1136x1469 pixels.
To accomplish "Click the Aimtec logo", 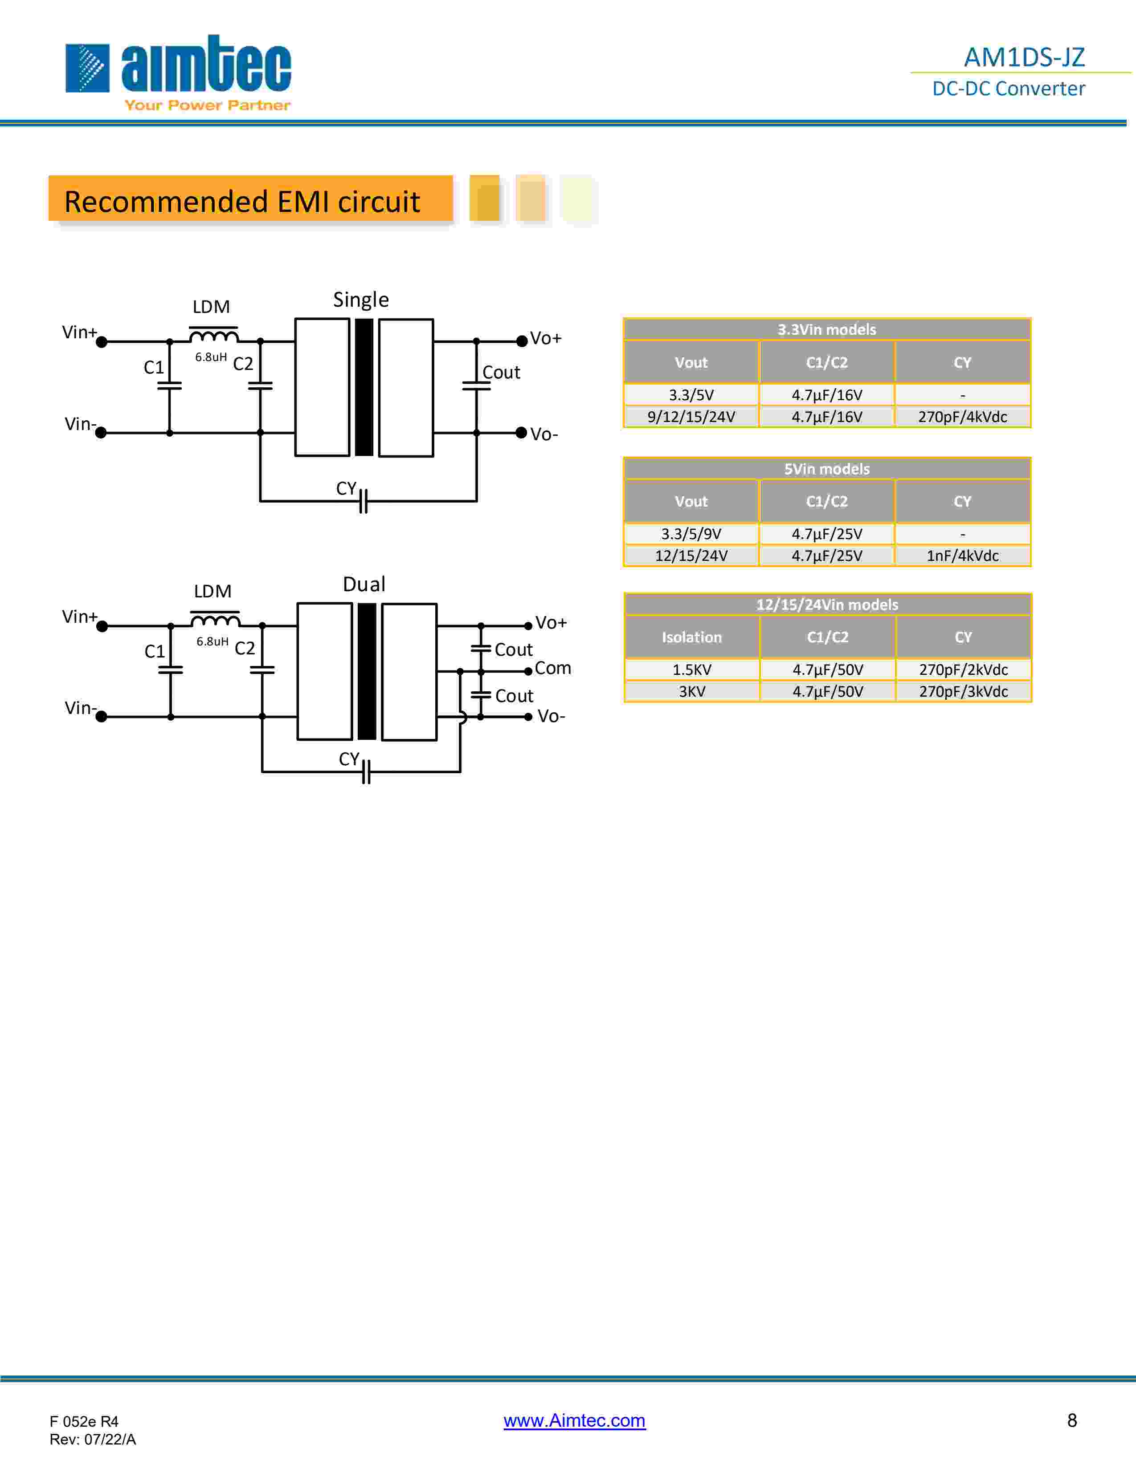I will (178, 72).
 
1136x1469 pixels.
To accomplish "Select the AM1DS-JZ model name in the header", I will (1024, 57).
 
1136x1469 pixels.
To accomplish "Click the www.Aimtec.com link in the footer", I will (574, 1420).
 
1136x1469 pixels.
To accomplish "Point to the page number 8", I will (1071, 1420).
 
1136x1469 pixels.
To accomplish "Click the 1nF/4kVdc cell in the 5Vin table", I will (962, 556).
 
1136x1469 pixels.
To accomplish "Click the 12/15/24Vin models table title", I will (827, 604).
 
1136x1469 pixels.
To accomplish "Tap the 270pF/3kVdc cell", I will (963, 691).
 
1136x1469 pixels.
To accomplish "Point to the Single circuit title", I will (361, 299).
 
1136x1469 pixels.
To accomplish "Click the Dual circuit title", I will (364, 584).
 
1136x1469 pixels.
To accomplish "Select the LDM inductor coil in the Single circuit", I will (213, 334).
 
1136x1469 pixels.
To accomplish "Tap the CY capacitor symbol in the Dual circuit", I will (365, 771).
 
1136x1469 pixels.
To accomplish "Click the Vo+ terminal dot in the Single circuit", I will (522, 341).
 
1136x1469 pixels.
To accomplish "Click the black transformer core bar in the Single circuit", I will (364, 387).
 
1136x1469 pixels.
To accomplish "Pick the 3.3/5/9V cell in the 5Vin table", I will (691, 534).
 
